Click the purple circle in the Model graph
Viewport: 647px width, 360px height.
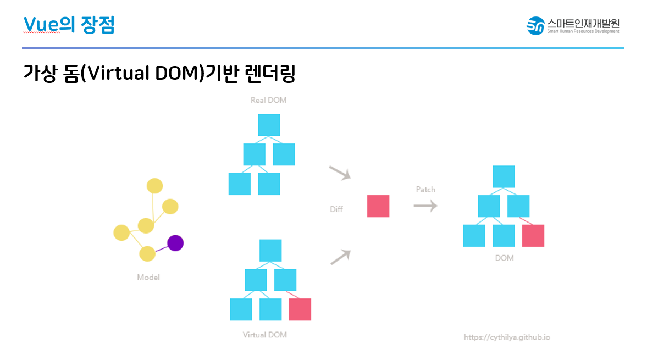(175, 242)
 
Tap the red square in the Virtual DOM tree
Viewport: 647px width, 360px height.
(300, 309)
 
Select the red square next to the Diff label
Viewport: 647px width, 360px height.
(378, 206)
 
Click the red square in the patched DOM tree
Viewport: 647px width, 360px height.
(533, 235)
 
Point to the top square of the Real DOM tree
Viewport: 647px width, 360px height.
(269, 125)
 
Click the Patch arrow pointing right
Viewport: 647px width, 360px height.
(425, 206)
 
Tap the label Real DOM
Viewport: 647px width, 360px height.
(268, 100)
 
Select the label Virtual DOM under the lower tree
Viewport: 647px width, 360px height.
(264, 335)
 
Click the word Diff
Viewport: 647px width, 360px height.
(336, 209)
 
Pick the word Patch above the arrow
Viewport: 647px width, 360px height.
(425, 190)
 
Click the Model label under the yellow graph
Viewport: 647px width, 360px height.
(148, 278)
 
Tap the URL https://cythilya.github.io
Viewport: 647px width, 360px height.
(507, 337)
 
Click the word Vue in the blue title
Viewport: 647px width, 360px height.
(41, 24)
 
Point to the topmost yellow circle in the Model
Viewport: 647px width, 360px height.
(154, 186)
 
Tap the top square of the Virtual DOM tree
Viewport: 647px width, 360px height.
(270, 250)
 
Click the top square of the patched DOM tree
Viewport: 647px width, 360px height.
(504, 176)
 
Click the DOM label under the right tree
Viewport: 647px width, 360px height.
(504, 258)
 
